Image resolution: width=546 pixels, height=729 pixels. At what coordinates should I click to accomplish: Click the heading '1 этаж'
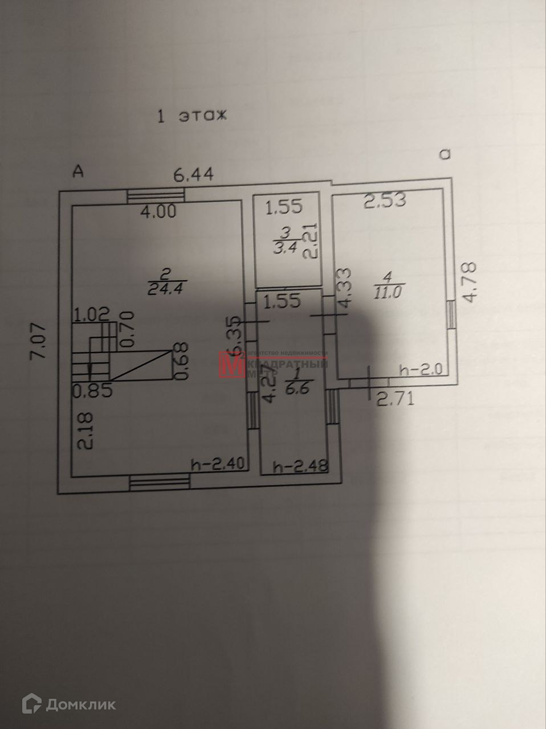point(191,116)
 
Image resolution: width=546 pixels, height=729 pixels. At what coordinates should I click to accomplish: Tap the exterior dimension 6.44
point(194,175)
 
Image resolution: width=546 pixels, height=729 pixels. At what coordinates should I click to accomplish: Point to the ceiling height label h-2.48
point(301,468)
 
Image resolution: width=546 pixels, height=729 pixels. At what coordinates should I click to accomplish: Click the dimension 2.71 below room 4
point(395,399)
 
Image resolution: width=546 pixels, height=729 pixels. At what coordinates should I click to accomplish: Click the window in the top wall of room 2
point(157,195)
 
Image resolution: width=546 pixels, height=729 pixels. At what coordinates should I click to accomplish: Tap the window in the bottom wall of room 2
point(159,483)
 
